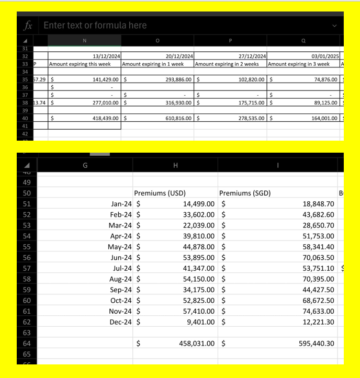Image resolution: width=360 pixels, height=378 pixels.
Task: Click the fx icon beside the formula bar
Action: [x=28, y=25]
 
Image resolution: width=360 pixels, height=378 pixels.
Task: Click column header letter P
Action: [x=230, y=40]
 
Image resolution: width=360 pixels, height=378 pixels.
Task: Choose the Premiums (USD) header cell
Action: [x=160, y=193]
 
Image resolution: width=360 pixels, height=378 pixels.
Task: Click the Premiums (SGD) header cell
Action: [x=245, y=193]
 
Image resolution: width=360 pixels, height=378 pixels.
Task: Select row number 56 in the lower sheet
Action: [x=27, y=257]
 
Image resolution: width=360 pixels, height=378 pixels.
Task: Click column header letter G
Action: [x=85, y=165]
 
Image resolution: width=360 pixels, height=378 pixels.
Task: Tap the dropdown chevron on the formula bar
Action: [x=334, y=26]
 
